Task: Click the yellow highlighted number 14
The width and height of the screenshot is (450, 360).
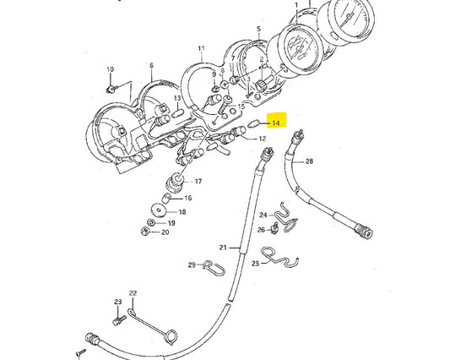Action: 275,123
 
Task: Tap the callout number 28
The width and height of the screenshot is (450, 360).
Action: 309,161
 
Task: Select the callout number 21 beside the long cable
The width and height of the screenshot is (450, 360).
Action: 223,248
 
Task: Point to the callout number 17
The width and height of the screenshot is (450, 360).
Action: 198,182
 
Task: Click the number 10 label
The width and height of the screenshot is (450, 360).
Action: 111,69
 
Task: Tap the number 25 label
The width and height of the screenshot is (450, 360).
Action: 256,263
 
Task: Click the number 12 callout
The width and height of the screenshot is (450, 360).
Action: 263,139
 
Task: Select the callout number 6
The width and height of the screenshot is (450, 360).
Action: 151,66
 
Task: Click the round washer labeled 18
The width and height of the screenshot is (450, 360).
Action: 159,211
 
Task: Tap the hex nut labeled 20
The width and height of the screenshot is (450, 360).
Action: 145,231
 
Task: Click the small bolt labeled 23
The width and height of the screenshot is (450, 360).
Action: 119,320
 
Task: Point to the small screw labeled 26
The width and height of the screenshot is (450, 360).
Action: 274,228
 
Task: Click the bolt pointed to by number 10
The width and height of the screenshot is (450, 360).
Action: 111,90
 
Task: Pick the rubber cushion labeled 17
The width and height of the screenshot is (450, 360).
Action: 175,183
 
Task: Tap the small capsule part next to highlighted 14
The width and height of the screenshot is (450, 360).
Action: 253,125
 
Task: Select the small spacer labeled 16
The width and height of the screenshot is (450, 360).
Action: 166,199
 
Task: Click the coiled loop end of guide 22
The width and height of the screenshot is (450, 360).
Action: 171,336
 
